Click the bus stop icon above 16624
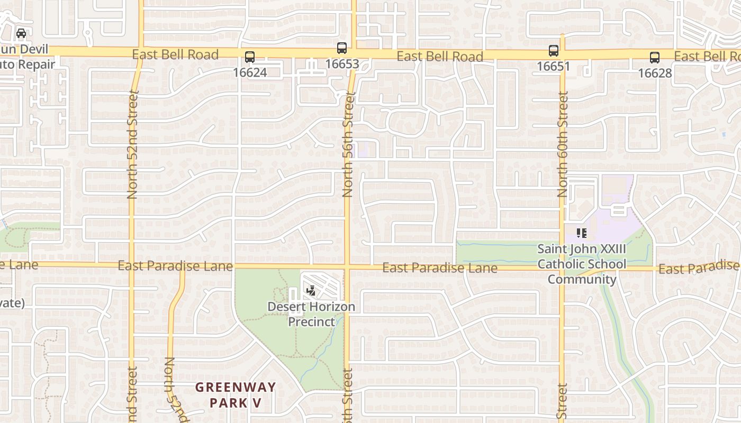tap(250, 57)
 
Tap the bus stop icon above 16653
tap(342, 48)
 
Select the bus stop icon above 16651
tap(554, 51)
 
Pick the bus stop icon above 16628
tap(655, 58)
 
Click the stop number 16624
tap(250, 72)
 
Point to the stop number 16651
tap(554, 66)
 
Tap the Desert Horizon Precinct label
tap(311, 314)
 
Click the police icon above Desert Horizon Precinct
tap(312, 290)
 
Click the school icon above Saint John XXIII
tap(582, 233)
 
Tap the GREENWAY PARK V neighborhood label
tap(236, 395)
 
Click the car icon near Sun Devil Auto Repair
tap(21, 33)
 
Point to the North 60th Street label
tap(562, 144)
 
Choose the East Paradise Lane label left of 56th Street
tap(175, 265)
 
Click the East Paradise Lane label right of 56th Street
tap(440, 268)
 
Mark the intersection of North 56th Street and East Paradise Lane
tap(347, 266)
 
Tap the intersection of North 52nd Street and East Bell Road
tap(141, 52)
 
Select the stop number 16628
tap(655, 73)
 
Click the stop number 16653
tap(342, 64)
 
